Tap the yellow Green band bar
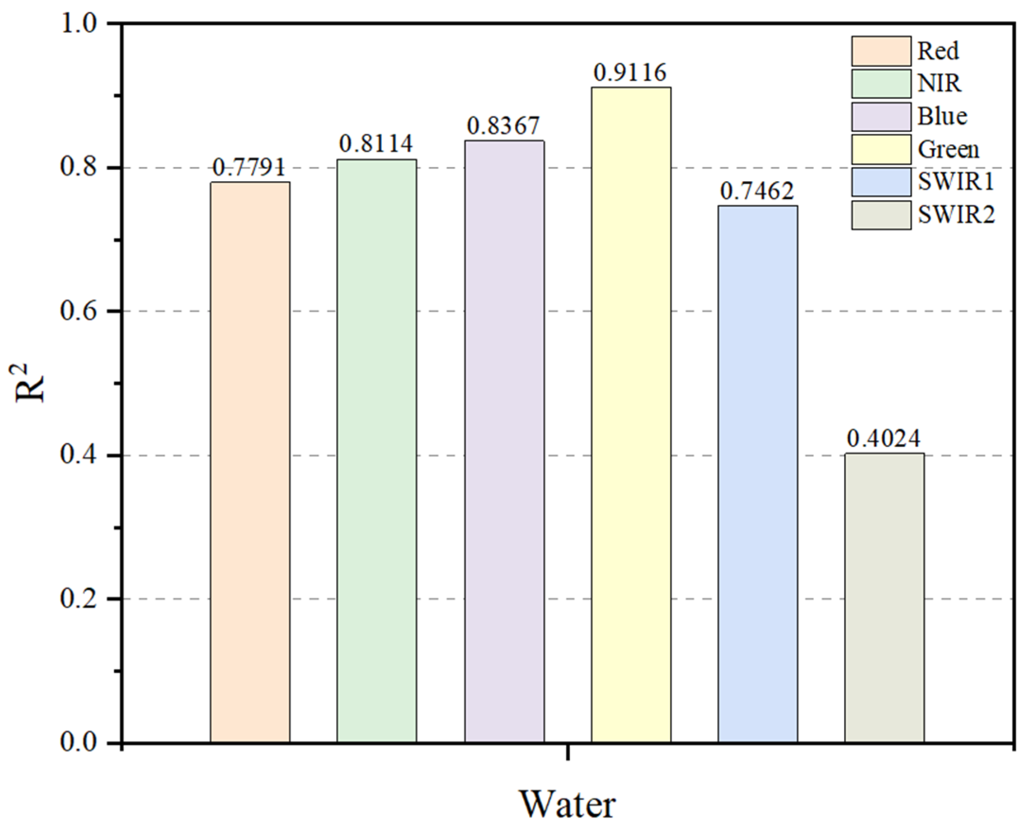coord(631,415)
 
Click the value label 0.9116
coord(630,73)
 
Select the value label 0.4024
coord(884,438)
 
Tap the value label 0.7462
coord(757,192)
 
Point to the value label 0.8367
coord(503,126)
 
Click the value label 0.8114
coord(376,144)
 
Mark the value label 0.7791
coord(249,167)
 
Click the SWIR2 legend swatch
coord(881,215)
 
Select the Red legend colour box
coord(881,51)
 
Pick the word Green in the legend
coord(948,150)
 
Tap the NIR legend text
coord(940,84)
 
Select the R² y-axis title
coord(30,383)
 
